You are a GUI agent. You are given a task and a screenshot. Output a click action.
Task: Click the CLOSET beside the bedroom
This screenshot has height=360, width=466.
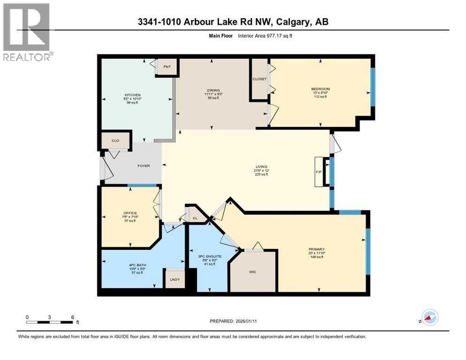click(259, 79)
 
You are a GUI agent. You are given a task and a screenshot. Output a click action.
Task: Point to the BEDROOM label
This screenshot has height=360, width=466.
click(320, 89)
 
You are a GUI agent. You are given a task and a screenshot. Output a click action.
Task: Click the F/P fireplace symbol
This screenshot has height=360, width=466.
click(319, 172)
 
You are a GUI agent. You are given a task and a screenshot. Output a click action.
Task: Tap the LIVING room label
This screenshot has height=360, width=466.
click(261, 166)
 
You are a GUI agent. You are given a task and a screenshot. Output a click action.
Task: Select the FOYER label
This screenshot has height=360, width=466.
click(143, 166)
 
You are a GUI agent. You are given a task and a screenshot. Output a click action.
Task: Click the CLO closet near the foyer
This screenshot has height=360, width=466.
click(115, 140)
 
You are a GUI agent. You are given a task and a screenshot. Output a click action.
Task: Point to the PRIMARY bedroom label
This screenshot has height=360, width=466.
click(316, 249)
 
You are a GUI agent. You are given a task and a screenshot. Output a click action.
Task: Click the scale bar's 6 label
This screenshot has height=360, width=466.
click(73, 317)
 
